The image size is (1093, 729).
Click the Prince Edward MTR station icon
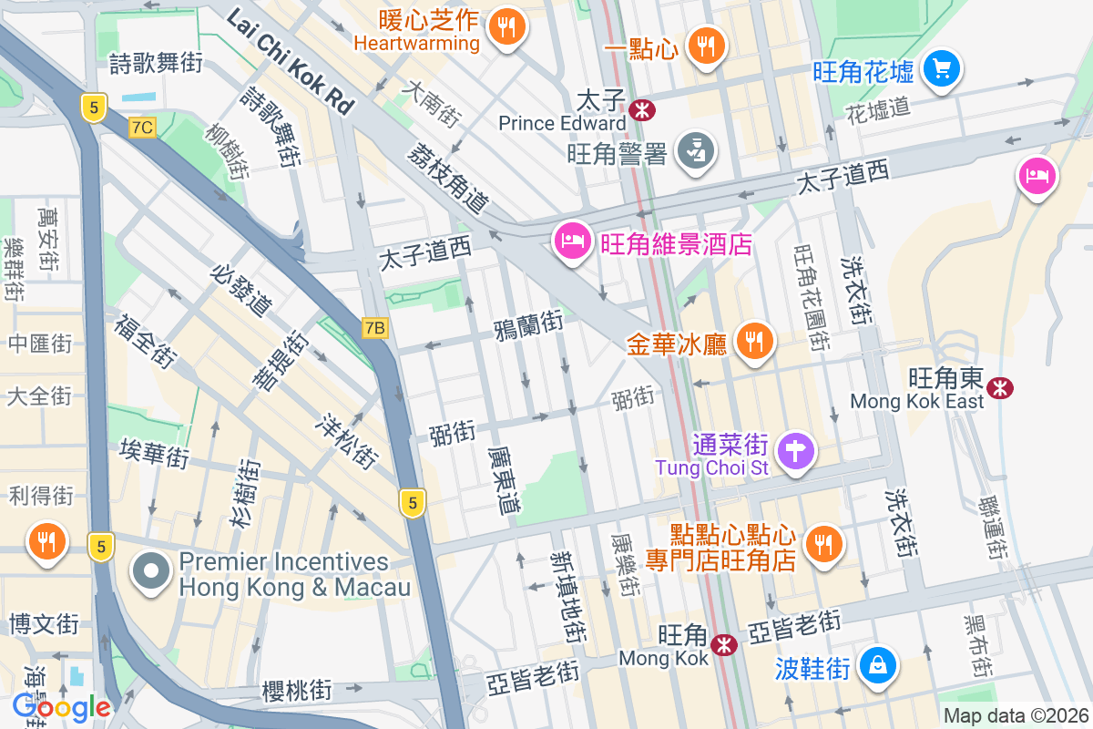pos(642,110)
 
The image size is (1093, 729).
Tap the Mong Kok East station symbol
pos(1001,387)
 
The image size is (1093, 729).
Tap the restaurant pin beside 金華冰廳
pos(754,342)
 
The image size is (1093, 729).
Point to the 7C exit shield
pos(141,128)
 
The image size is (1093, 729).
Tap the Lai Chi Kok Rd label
pos(290,61)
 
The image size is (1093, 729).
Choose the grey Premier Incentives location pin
pos(150,572)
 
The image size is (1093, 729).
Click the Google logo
pos(61,707)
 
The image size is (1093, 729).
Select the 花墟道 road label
pos(878,108)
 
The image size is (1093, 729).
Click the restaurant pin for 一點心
pos(705,44)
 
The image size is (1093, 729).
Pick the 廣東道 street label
pos(503,478)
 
